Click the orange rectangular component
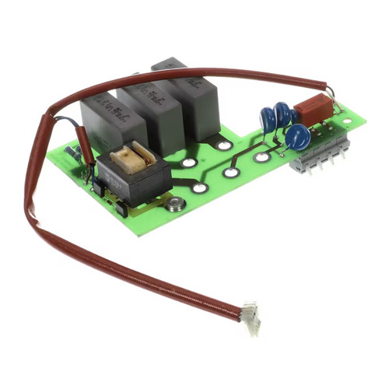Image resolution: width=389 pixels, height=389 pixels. point(314,110)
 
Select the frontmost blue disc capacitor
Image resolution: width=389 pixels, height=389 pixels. point(296,137)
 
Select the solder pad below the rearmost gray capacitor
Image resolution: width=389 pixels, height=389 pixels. point(224,145)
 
